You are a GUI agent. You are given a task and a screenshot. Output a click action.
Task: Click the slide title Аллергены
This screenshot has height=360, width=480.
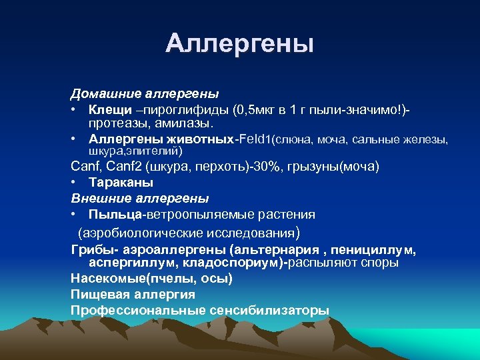[x=239, y=43]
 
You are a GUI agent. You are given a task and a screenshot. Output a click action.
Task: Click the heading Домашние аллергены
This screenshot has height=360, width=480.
[x=145, y=93]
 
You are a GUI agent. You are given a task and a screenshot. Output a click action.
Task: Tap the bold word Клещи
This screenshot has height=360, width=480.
[x=107, y=108]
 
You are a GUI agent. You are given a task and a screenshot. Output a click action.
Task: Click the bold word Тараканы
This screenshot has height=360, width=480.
[x=121, y=182]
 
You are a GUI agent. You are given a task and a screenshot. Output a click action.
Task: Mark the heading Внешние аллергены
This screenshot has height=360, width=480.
[x=140, y=198]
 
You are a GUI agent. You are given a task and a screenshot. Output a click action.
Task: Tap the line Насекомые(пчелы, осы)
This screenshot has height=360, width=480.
[x=152, y=279]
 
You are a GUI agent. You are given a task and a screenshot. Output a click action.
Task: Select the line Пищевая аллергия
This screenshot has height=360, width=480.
[x=133, y=295]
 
